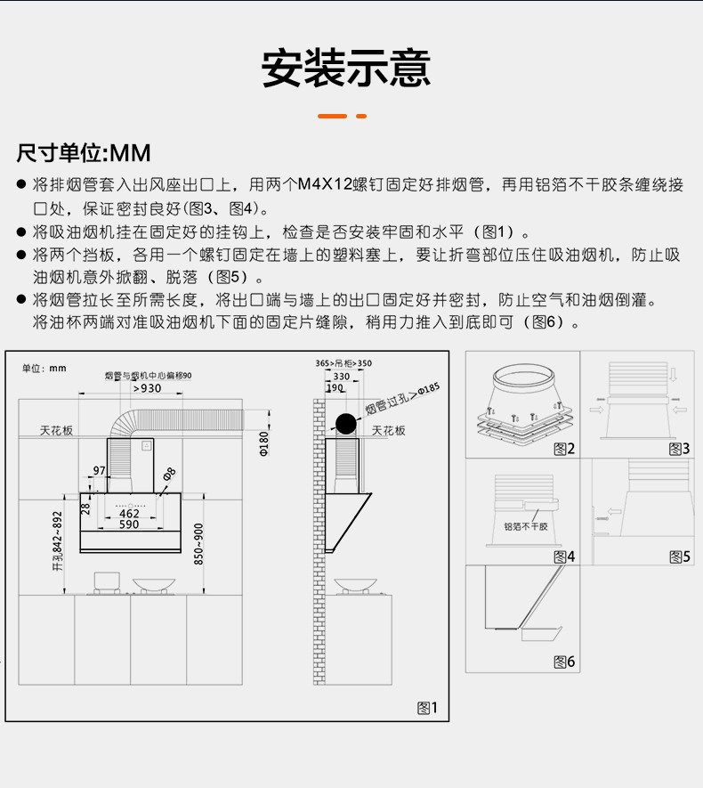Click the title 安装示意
point(346,69)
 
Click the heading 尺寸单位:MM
point(84,152)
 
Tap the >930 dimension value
point(148,387)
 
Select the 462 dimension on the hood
point(130,514)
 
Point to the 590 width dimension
point(130,525)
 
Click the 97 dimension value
point(99,469)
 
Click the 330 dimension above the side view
point(342,377)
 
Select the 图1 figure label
point(428,708)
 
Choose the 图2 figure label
point(564,449)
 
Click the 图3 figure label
point(678,449)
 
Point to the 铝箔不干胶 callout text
point(526,527)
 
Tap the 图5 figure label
point(678,556)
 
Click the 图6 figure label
point(564,662)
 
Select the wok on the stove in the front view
point(154,585)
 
